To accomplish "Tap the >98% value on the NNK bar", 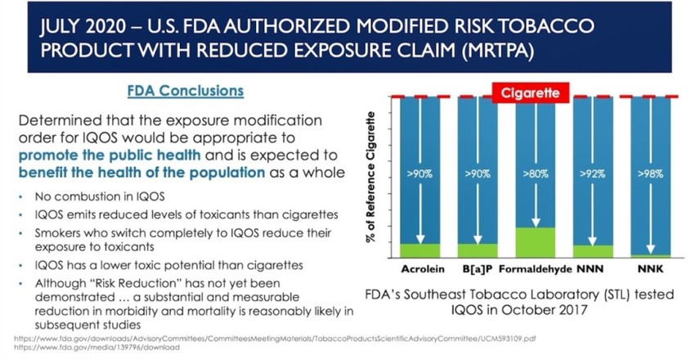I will pyautogui.click(x=648, y=175).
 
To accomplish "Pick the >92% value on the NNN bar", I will pyautogui.click(x=592, y=175).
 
